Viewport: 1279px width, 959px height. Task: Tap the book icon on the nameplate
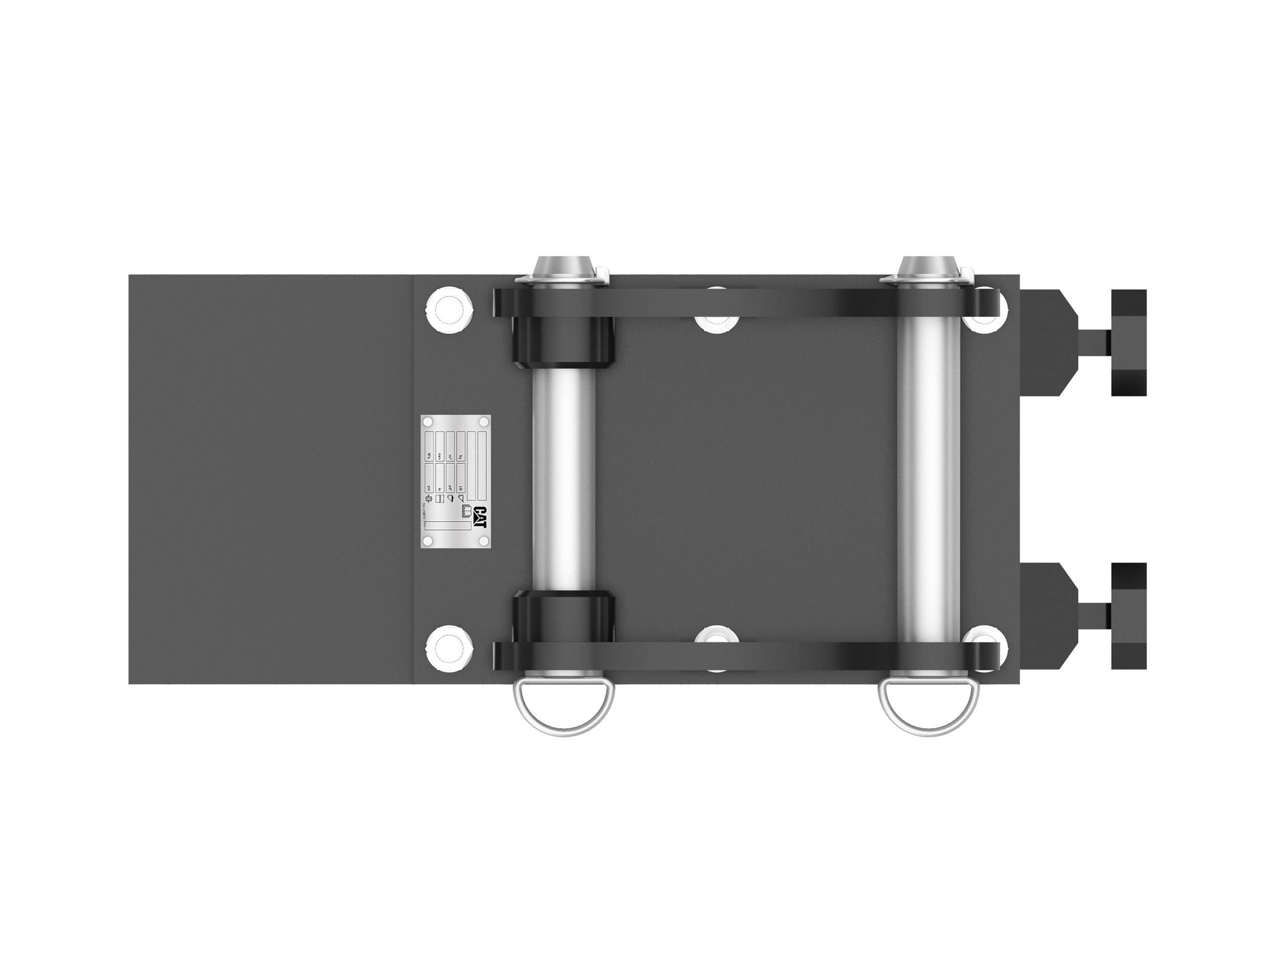(x=466, y=511)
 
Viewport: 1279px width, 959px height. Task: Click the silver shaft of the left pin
(x=563, y=480)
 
